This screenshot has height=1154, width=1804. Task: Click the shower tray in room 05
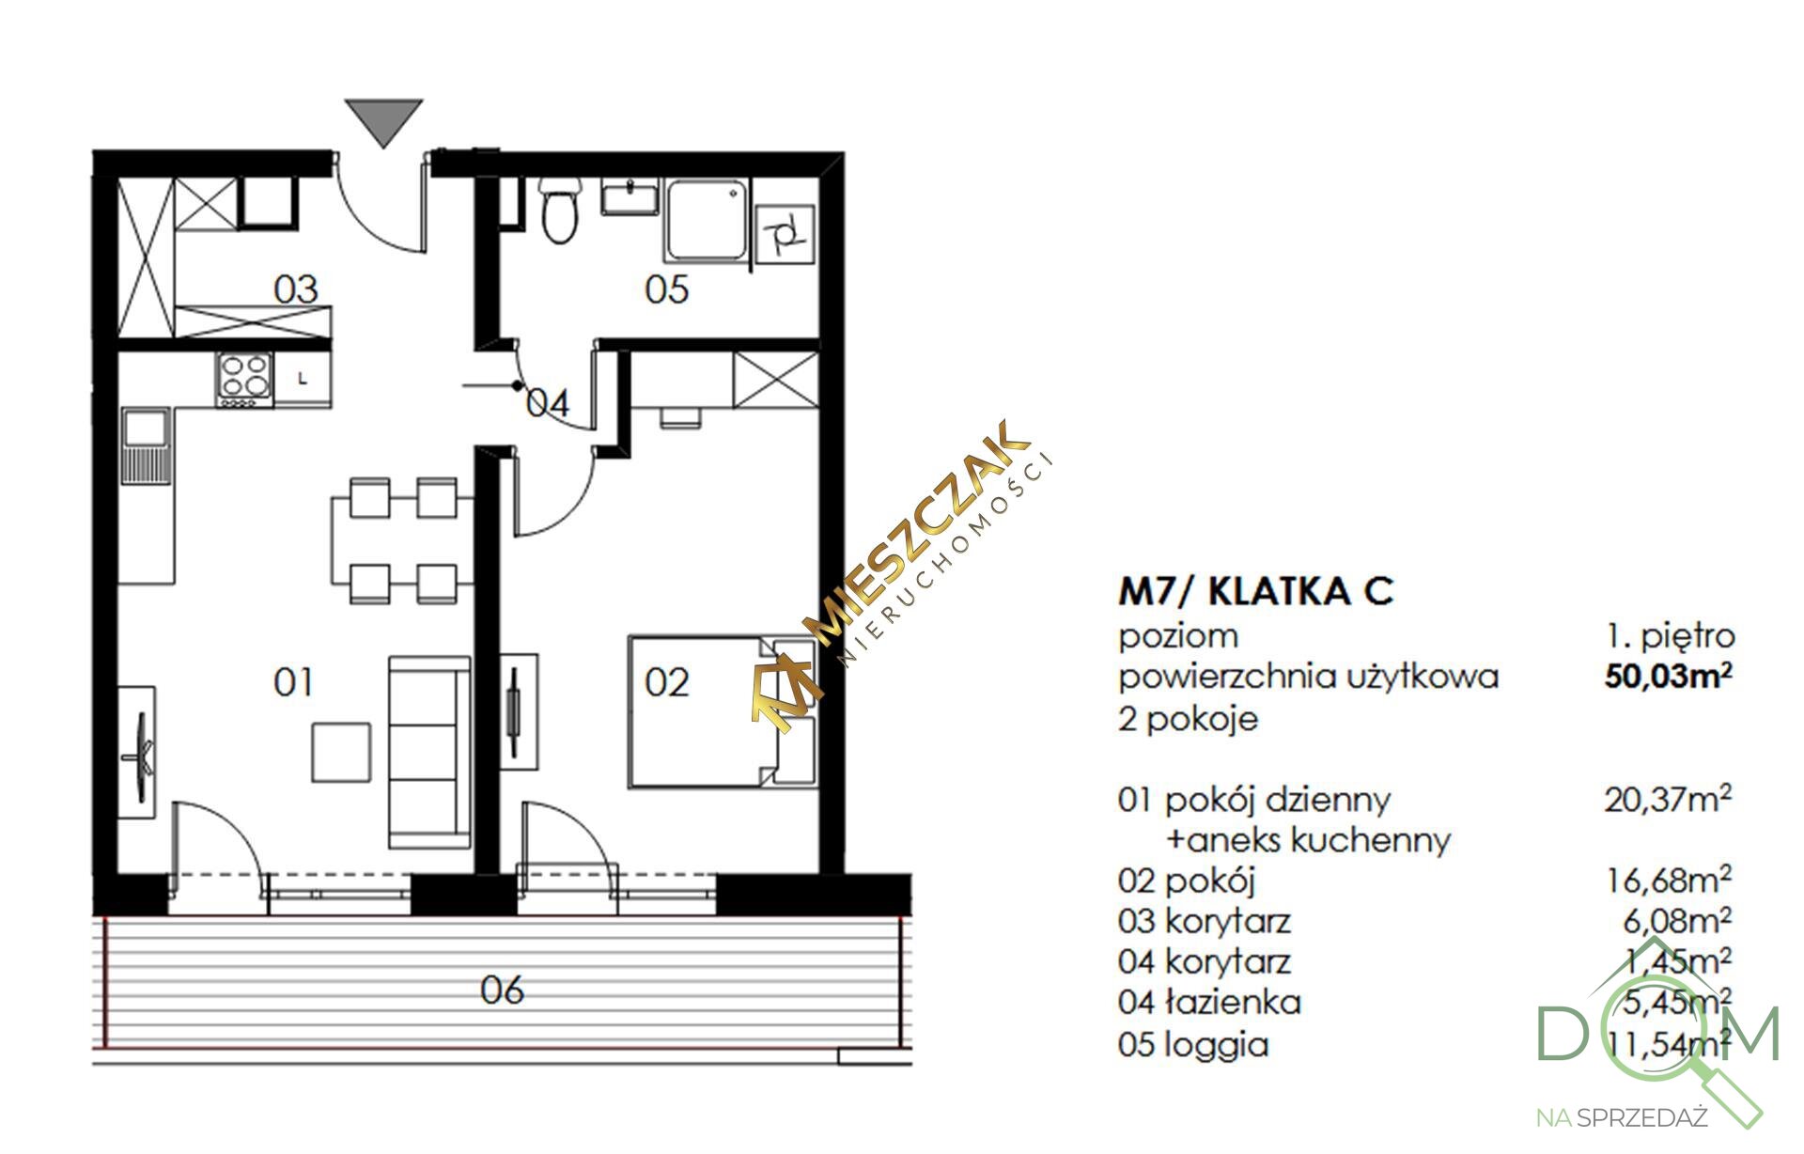point(708,222)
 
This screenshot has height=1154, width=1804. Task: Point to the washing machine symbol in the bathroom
point(784,232)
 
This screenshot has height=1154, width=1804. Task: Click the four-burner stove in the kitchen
point(245,380)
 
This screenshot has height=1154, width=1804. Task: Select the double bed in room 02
point(722,711)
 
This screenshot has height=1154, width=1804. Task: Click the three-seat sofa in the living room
point(429,752)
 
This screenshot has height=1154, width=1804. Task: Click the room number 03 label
point(296,289)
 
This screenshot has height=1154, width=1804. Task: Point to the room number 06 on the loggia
point(502,990)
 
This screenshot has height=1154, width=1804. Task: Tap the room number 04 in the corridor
point(548,404)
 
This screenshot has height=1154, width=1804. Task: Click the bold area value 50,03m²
point(1669,676)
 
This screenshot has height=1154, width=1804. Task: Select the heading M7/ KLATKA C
point(1256,591)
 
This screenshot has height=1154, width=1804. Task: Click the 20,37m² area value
point(1668,800)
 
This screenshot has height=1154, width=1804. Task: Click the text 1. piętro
point(1670,636)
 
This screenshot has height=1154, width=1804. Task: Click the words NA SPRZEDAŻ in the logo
point(1621,1118)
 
